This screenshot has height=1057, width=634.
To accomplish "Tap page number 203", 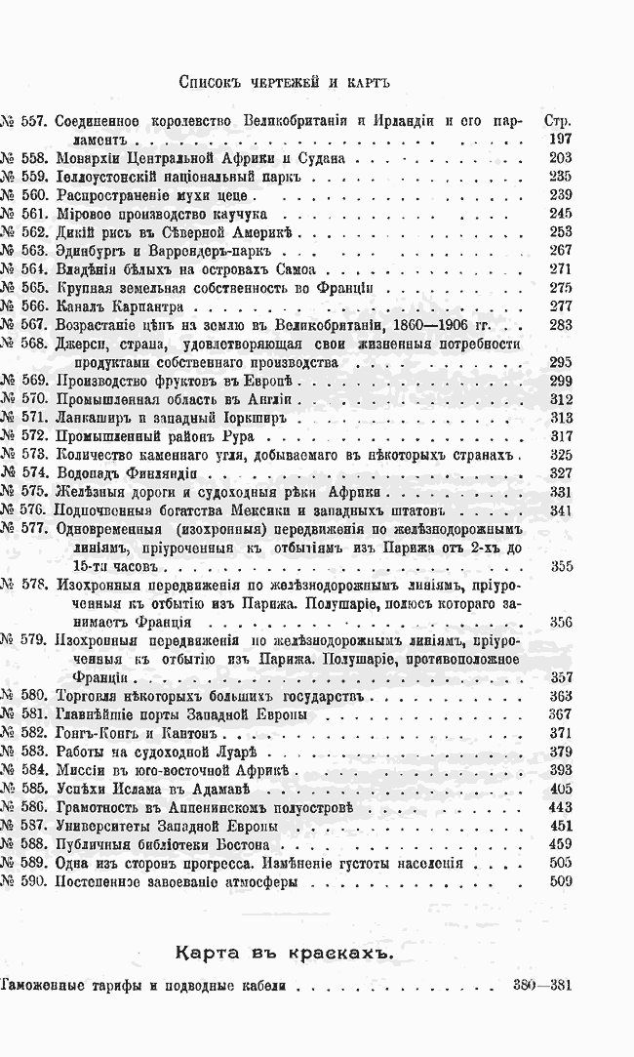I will click(560, 159).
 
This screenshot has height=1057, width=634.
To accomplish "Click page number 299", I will click(560, 381).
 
